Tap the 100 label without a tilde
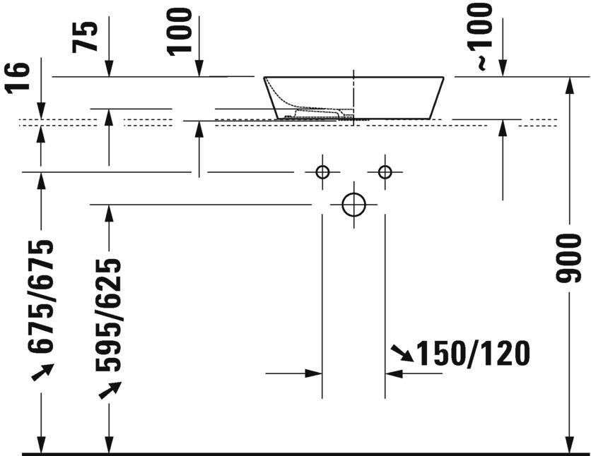(179, 32)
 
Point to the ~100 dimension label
(481, 35)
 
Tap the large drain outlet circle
(353, 205)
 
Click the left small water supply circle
(322, 172)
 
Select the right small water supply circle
(385, 172)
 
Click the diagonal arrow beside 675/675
(42, 372)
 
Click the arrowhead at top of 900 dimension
(570, 85)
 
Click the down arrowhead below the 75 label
(109, 68)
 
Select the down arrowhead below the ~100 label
(503, 68)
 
